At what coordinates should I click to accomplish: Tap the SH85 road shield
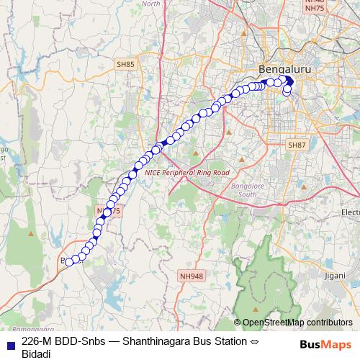(125, 65)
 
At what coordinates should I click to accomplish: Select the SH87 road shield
(297, 145)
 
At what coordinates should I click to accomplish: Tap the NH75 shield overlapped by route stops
(109, 210)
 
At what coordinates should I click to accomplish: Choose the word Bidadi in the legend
(36, 354)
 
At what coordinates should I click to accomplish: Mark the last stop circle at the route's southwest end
(70, 262)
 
